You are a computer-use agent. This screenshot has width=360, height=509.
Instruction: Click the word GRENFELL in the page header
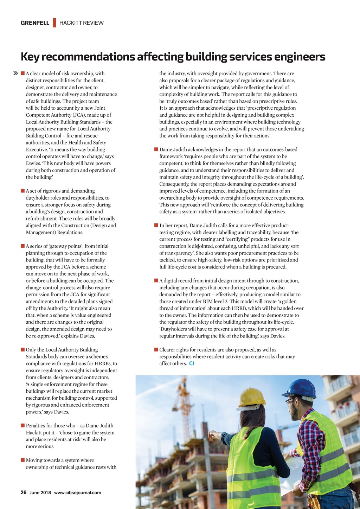35,23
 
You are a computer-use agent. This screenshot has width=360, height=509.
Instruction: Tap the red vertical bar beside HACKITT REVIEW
54,22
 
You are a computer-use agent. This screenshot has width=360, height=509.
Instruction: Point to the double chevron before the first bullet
15,73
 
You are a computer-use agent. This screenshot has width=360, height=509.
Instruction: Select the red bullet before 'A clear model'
22,73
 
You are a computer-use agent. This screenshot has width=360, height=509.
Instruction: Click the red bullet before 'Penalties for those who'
22,426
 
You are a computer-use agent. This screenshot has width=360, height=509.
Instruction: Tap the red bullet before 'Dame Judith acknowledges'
156,149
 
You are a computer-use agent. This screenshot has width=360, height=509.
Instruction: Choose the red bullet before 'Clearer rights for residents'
156,350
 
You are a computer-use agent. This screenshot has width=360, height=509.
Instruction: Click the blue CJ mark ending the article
192,363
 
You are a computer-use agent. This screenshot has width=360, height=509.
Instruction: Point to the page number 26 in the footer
24,492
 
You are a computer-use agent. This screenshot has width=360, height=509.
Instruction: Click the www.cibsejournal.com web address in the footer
77,492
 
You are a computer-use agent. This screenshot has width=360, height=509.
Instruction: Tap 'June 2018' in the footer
40,492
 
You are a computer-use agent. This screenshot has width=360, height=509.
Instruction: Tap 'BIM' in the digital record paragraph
207,301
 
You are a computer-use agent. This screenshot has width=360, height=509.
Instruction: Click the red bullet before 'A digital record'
156,281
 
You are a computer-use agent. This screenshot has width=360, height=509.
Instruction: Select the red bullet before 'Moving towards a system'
22,460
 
